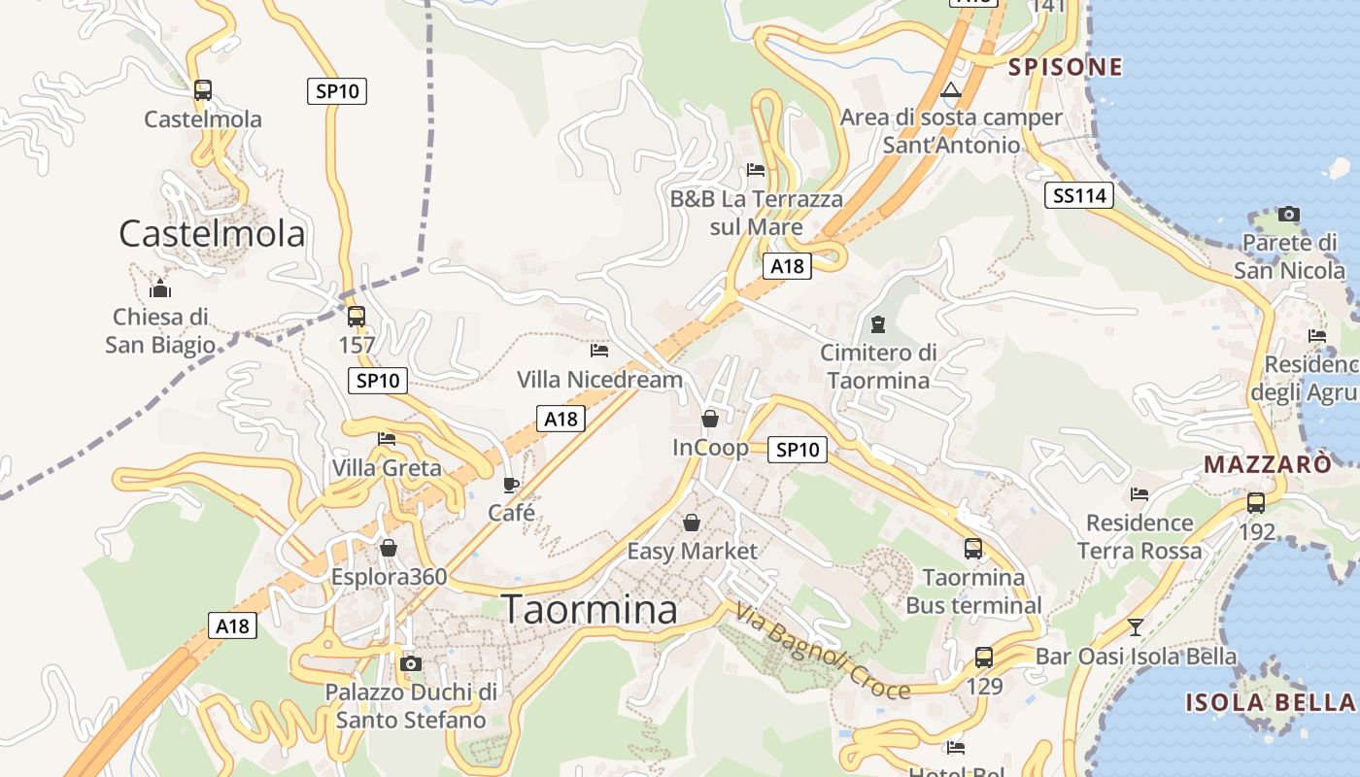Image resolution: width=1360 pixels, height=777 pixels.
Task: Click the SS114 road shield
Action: tap(1080, 195)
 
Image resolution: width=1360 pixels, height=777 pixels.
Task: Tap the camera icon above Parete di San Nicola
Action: tap(1289, 214)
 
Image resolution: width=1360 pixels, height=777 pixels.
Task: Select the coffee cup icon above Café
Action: tap(511, 484)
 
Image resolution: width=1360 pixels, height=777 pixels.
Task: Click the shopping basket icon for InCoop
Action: tap(710, 419)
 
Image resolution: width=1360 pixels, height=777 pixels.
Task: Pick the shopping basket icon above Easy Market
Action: tap(691, 523)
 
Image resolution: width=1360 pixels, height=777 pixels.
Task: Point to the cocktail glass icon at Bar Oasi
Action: tap(1135, 626)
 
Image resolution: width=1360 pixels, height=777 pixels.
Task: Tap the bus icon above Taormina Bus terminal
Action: tap(973, 549)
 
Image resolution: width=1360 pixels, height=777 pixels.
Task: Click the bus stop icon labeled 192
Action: tap(1256, 503)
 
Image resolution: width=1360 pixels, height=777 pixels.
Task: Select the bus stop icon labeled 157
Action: tap(357, 317)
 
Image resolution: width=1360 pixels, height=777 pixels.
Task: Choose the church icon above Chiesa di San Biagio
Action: tap(160, 288)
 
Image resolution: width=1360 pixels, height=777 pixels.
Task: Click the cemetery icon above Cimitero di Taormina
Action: tap(878, 323)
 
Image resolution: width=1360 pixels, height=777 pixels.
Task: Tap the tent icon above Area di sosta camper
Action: tap(951, 91)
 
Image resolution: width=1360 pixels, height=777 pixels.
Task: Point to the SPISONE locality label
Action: tap(1065, 67)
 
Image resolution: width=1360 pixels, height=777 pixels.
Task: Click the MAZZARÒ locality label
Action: tap(1268, 464)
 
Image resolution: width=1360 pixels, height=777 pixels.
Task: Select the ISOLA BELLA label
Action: tap(1270, 702)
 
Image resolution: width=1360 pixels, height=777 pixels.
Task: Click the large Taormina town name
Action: tap(590, 609)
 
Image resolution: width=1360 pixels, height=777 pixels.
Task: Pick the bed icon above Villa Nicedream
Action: tap(599, 350)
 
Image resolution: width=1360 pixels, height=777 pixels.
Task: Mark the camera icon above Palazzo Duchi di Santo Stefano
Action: tap(411, 663)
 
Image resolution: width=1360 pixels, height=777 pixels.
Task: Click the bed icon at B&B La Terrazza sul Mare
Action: tap(756, 170)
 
